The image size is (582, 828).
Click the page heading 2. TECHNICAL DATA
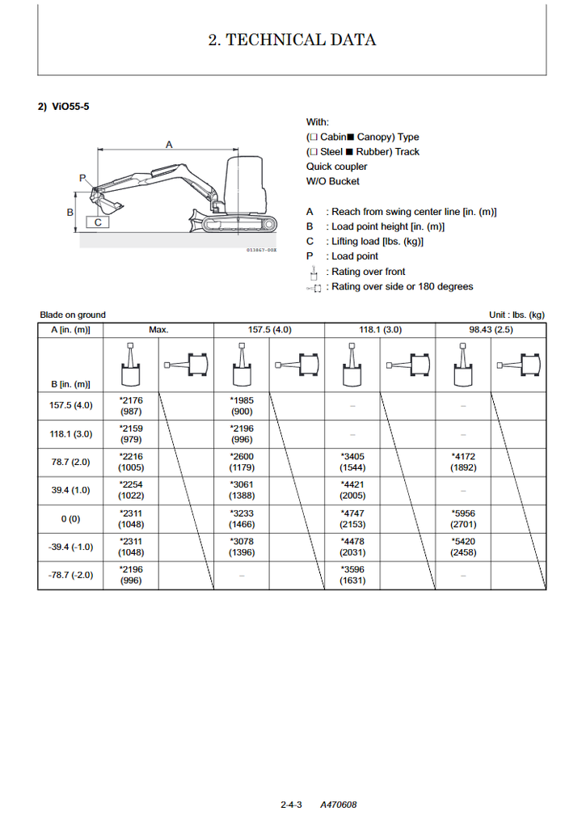292,40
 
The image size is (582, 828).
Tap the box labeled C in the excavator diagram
98,222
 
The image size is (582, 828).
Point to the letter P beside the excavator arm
82,178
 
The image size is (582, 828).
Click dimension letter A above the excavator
169,144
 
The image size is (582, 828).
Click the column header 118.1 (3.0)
379,330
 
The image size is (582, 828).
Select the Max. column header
158,330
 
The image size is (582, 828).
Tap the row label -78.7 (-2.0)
70,575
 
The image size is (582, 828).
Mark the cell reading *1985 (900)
241,405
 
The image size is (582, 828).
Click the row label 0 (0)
70,518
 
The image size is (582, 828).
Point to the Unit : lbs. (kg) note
517,315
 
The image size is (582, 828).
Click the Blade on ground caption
73,315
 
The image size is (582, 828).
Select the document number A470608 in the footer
338,805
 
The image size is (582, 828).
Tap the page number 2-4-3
291,805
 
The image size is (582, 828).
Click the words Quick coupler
336,167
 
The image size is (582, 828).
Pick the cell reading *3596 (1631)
352,575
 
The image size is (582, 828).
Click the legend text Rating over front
368,272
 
